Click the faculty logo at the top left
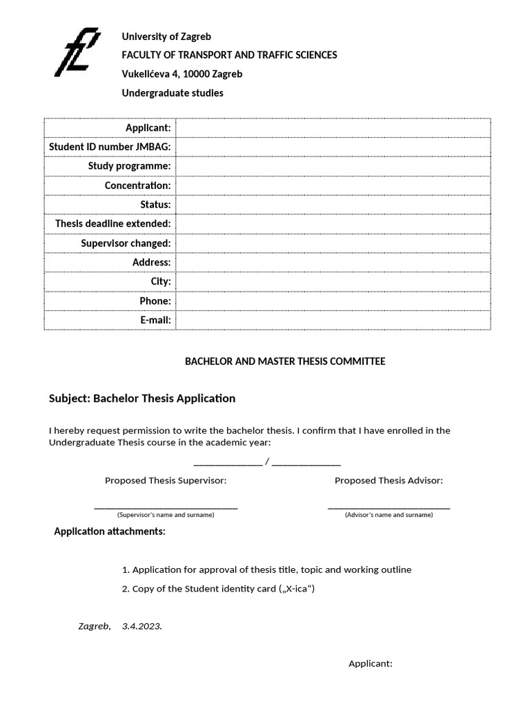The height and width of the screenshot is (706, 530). [x=77, y=52]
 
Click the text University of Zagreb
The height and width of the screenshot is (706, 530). [x=166, y=37]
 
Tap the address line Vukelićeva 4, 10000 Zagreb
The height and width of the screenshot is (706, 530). [x=182, y=74]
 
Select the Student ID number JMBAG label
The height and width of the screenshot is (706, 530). [x=110, y=147]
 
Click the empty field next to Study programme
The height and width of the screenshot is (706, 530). [x=333, y=166]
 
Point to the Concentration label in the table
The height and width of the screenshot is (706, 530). [x=137, y=185]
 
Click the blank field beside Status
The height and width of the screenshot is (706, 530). [x=333, y=205]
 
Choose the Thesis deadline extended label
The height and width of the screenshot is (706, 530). [x=113, y=224]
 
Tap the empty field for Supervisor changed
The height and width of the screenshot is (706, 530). [x=333, y=243]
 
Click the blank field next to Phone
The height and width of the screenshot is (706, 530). [x=333, y=301]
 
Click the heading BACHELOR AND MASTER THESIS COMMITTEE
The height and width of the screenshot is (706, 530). [x=285, y=361]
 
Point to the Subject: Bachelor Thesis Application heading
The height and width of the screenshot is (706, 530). [x=142, y=399]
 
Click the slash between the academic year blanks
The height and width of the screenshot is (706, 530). [x=267, y=461]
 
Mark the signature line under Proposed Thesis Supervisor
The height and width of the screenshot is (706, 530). [x=166, y=507]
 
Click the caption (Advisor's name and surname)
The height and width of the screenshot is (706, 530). [x=389, y=515]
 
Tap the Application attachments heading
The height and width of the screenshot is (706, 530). [x=110, y=532]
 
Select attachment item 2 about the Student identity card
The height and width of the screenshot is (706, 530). [x=218, y=589]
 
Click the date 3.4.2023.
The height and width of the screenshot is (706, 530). [x=142, y=627]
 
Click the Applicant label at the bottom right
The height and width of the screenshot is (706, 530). [x=371, y=664]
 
